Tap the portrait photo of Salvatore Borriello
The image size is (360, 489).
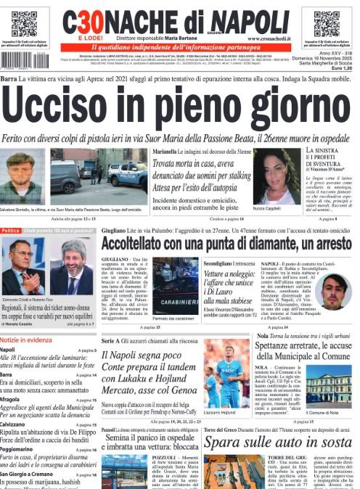click(x=22, y=178)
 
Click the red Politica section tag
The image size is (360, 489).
click(x=11, y=231)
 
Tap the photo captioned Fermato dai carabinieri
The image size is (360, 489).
click(x=175, y=286)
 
